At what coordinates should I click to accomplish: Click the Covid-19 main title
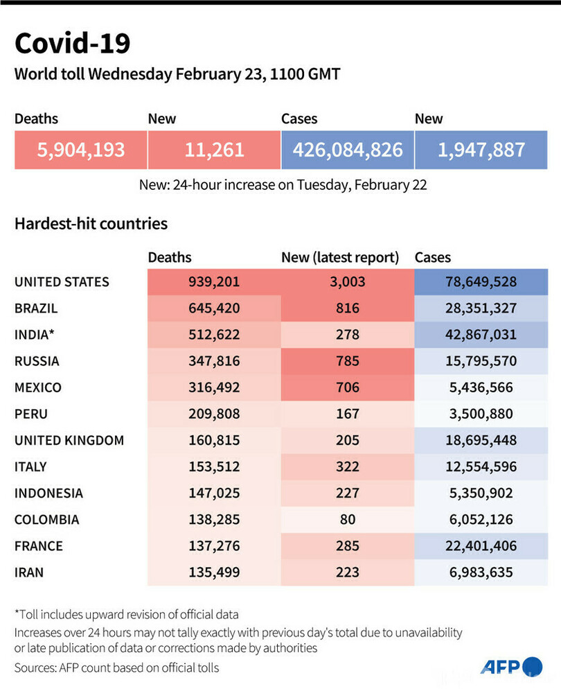point(72,44)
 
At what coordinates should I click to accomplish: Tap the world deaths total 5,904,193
point(80,149)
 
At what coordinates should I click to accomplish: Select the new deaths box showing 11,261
point(213,149)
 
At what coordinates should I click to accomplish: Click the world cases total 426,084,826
point(347,149)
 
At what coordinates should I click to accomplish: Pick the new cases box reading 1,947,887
point(481,149)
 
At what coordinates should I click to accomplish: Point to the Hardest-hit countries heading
point(91,224)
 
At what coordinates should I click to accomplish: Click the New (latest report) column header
point(340,258)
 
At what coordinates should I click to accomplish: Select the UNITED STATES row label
point(62,282)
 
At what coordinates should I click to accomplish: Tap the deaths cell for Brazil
point(213,308)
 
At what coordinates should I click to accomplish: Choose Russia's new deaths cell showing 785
point(347,361)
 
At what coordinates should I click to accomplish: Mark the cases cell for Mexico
point(481,387)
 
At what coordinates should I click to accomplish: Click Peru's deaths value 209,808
point(213,414)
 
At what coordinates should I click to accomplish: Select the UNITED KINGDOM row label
point(69,440)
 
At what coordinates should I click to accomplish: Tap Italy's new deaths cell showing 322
point(347,466)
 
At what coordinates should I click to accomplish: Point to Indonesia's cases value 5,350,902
point(481,493)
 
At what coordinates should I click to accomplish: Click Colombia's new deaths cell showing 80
point(347,519)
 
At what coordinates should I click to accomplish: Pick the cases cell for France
point(481,546)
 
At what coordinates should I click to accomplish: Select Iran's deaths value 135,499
point(213,572)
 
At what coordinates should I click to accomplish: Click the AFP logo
point(510,666)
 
